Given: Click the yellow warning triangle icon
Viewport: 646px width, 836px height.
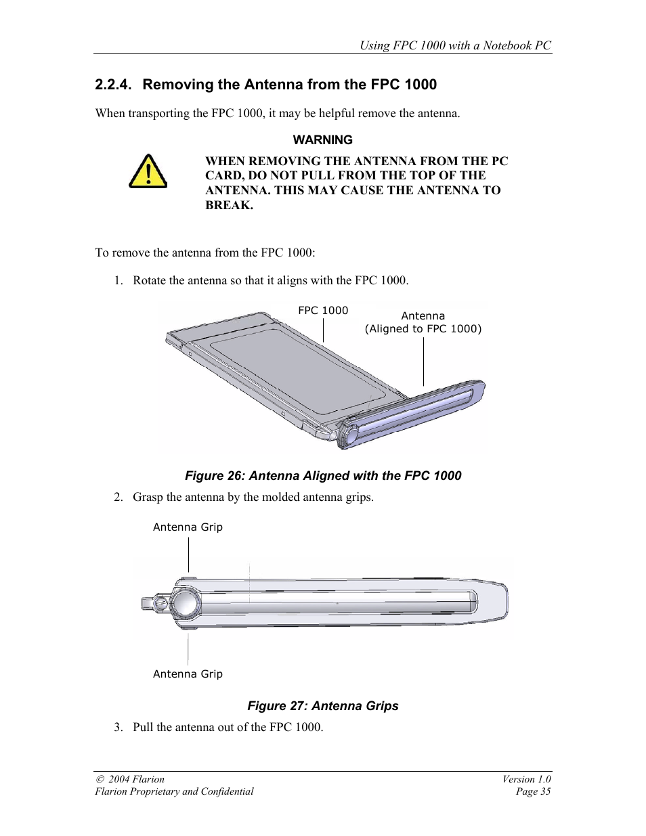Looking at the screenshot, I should coord(148,172).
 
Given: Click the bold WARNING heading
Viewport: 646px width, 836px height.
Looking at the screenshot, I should coord(322,140).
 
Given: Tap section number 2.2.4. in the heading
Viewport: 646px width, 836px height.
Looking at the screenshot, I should coord(112,85).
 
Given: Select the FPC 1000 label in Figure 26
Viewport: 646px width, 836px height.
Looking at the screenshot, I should coord(323,311).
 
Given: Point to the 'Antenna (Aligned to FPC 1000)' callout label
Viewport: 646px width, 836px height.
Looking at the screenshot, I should coord(423,322).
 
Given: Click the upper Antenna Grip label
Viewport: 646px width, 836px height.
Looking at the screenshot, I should coord(188,527).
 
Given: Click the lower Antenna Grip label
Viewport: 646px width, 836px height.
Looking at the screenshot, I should coord(188,674).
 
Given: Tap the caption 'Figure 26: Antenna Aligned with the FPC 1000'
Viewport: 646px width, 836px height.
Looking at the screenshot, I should coord(323,476).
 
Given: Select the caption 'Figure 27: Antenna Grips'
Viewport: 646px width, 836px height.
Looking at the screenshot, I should coord(323,706).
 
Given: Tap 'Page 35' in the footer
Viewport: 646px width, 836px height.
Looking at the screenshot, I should coord(533,791).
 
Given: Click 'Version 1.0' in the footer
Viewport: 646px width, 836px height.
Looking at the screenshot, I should coord(526,779).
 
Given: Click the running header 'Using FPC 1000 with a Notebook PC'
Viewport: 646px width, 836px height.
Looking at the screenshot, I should coord(455,45).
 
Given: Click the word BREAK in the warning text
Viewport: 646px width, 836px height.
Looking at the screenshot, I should coord(229,206).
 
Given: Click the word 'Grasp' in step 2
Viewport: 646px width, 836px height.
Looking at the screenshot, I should coord(148,498).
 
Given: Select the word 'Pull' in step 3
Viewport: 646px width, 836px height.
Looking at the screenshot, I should coord(143,727).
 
